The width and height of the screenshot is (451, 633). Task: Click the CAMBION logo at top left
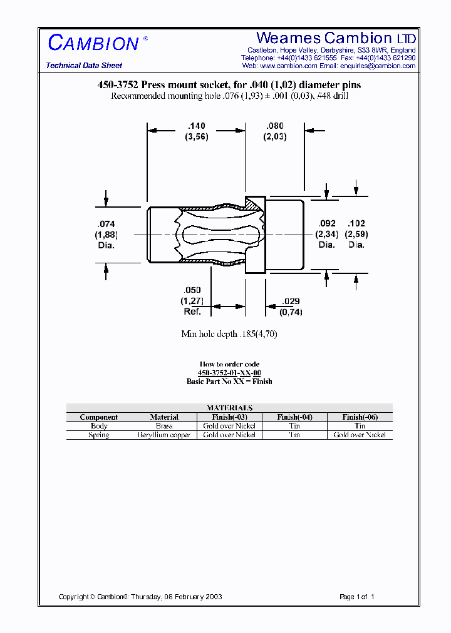point(94,43)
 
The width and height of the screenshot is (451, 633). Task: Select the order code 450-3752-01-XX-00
point(229,373)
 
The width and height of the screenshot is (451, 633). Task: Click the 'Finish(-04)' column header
point(294,417)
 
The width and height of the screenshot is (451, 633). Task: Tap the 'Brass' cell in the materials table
point(164,426)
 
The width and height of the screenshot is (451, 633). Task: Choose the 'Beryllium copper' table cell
point(164,435)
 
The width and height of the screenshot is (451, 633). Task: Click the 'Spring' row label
point(99,435)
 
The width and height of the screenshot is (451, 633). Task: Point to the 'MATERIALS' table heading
point(229,407)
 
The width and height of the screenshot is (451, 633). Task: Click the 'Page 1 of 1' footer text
point(356,597)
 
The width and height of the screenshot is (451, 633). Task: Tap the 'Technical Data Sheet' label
point(84,66)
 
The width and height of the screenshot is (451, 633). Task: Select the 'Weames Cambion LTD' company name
point(336,38)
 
